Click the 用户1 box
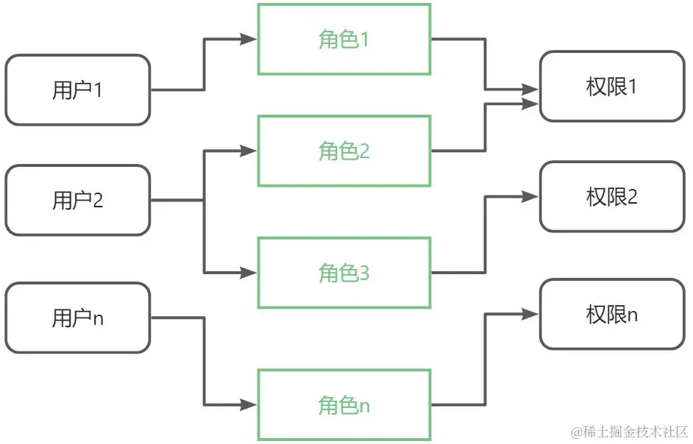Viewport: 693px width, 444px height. pyautogui.click(x=77, y=90)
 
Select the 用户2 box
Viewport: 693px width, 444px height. pyautogui.click(x=77, y=200)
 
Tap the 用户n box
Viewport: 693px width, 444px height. pyautogui.click(x=77, y=318)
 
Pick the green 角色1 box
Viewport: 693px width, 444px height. pyautogui.click(x=344, y=39)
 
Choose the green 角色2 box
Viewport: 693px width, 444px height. pyautogui.click(x=344, y=151)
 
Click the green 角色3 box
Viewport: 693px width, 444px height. pyautogui.click(x=344, y=273)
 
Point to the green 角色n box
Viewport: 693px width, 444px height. pyautogui.click(x=344, y=405)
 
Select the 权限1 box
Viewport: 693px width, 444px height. pyautogui.click(x=611, y=86)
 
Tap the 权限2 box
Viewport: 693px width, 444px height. pyautogui.click(x=611, y=197)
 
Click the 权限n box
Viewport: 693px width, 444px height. pyautogui.click(x=611, y=315)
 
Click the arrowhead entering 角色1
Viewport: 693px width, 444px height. pyautogui.click(x=249, y=40)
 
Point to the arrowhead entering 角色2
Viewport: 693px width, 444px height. pyautogui.click(x=249, y=151)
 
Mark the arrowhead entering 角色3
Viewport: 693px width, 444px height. pyautogui.click(x=249, y=273)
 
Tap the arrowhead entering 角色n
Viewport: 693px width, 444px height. pyautogui.click(x=249, y=405)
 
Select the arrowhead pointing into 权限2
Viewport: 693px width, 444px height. pyautogui.click(x=532, y=196)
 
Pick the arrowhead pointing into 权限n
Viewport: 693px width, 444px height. pyautogui.click(x=532, y=314)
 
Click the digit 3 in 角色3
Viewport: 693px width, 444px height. pyautogui.click(x=364, y=273)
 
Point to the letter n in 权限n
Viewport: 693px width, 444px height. pyautogui.click(x=632, y=315)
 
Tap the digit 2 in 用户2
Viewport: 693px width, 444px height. pyautogui.click(x=98, y=200)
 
